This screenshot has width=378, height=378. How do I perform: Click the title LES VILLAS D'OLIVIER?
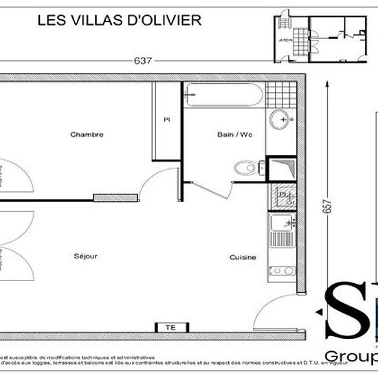point(118,20)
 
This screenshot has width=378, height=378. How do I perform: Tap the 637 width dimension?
point(142,60)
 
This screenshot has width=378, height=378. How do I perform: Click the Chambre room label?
point(87,135)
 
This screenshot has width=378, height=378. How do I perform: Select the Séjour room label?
point(86,256)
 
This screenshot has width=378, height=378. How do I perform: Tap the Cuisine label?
point(243,258)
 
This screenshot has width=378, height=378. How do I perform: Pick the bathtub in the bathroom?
point(224,95)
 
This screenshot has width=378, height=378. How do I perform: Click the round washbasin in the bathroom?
point(280,120)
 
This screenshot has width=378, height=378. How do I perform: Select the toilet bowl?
point(245,167)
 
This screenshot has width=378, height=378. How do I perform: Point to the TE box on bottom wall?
point(170,327)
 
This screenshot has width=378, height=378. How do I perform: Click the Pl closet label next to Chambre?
point(166,120)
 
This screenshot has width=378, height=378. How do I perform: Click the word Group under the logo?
point(351,357)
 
